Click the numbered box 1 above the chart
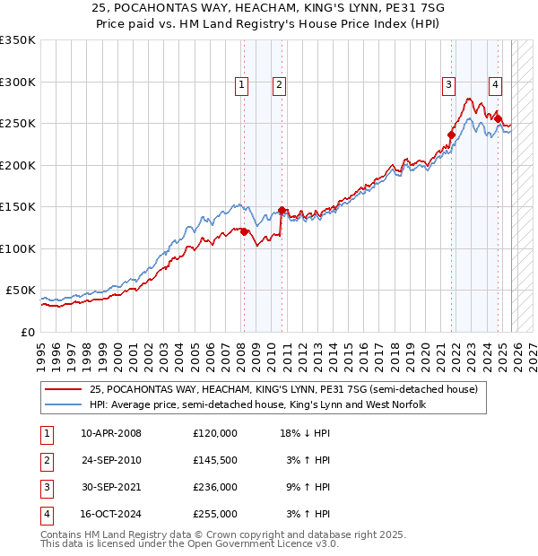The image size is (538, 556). (x=242, y=85)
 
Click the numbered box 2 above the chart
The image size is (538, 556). (x=280, y=85)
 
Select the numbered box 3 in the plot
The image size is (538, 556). (x=448, y=85)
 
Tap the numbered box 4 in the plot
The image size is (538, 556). (x=495, y=85)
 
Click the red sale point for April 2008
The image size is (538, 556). (x=244, y=232)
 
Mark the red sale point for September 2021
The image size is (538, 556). (x=451, y=135)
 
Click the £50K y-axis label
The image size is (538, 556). (x=20, y=291)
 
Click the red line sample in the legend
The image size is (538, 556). (x=63, y=389)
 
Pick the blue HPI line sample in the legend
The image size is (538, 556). (x=63, y=405)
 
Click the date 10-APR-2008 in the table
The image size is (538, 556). (x=110, y=433)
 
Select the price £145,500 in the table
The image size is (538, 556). (x=215, y=460)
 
